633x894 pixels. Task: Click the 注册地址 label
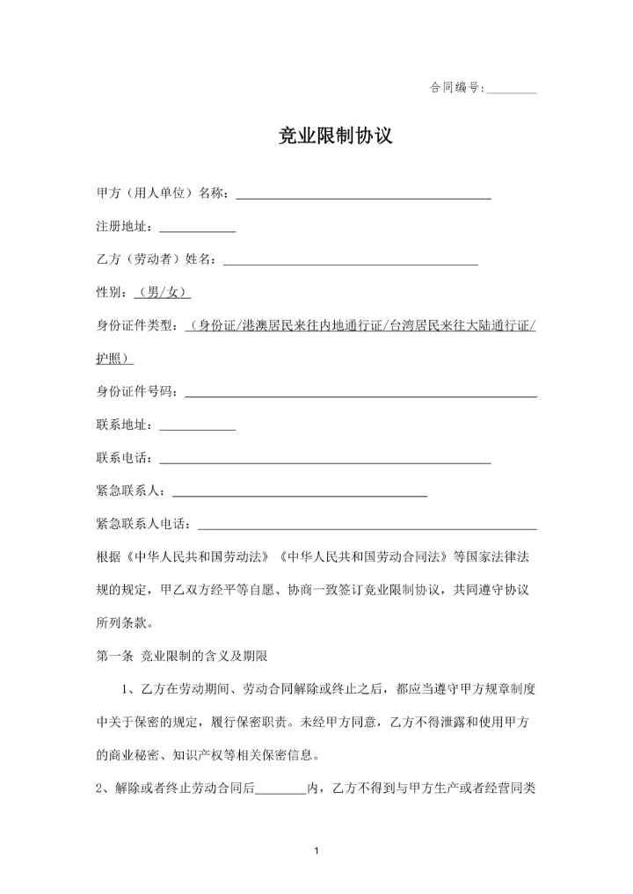pos(124,227)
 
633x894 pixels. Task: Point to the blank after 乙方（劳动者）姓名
pos(351,259)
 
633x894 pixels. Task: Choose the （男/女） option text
pos(164,293)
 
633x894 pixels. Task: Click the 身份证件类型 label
pos(137,326)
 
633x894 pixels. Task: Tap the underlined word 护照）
pos(114,359)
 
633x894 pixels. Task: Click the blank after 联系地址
pos(197,425)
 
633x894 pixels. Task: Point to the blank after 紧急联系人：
pos(302,491)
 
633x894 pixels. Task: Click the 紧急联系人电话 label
pos(143,525)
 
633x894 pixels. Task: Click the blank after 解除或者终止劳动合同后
pos(280,789)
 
